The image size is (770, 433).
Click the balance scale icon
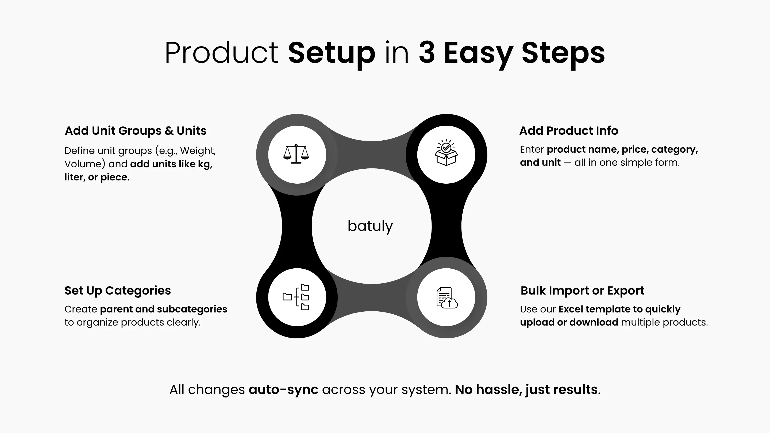[x=296, y=154]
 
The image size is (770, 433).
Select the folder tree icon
[x=296, y=297]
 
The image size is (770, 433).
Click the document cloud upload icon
[x=447, y=298]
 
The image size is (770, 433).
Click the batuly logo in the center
[x=370, y=226]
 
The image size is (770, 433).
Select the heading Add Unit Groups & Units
[x=135, y=131]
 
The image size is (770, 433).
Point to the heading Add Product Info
[x=568, y=131]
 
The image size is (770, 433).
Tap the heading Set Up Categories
[x=117, y=291]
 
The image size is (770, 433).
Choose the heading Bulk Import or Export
[x=582, y=291]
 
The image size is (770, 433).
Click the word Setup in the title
[x=332, y=53]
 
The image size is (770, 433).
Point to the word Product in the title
[x=221, y=53]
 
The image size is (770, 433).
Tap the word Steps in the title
[x=563, y=53]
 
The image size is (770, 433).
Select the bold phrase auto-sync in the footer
[x=283, y=390]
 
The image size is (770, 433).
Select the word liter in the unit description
[x=75, y=177]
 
